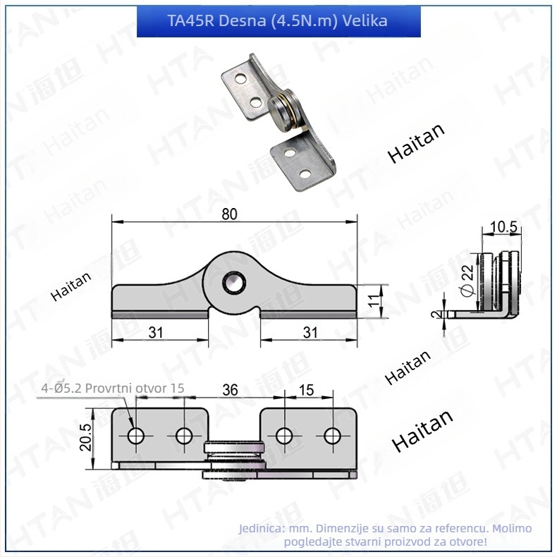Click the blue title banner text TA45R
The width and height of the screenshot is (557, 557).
pos(190,20)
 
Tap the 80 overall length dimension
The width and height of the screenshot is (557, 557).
pos(229,214)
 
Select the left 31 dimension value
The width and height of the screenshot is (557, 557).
pos(156,333)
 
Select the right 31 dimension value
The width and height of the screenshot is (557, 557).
pos(310,333)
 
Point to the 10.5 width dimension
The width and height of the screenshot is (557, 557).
pos(503,226)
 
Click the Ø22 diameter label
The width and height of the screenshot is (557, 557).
pos(467,280)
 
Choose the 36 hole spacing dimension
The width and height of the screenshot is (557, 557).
pos(230,390)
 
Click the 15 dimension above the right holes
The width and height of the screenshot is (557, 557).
pos(306,390)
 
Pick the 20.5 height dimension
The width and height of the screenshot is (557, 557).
pos(85,437)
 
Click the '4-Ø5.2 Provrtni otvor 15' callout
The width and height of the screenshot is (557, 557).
pos(113,388)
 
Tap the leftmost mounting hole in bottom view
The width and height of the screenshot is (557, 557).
pos(135,436)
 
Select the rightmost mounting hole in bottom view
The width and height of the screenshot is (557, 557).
pos(332,436)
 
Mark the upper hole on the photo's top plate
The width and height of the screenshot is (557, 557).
pos(242,78)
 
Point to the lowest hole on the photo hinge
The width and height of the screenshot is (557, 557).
pos(305,173)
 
